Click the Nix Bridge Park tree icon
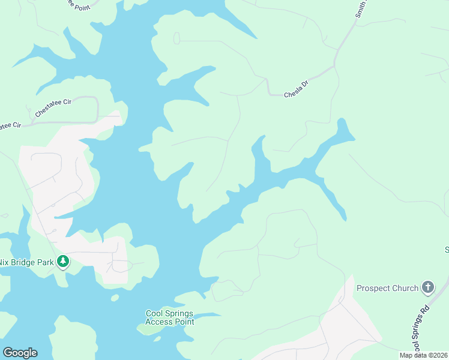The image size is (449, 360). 62,261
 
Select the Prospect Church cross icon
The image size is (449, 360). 427,287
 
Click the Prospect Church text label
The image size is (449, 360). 387,288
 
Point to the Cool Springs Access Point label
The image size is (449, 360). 170,317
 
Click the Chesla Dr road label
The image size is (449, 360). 296,91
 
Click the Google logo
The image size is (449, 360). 20,353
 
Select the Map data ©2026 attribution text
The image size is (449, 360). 423,355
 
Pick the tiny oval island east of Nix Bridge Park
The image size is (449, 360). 115,298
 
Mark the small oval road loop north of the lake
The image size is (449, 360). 176,38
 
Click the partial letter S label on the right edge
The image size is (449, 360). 446,250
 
